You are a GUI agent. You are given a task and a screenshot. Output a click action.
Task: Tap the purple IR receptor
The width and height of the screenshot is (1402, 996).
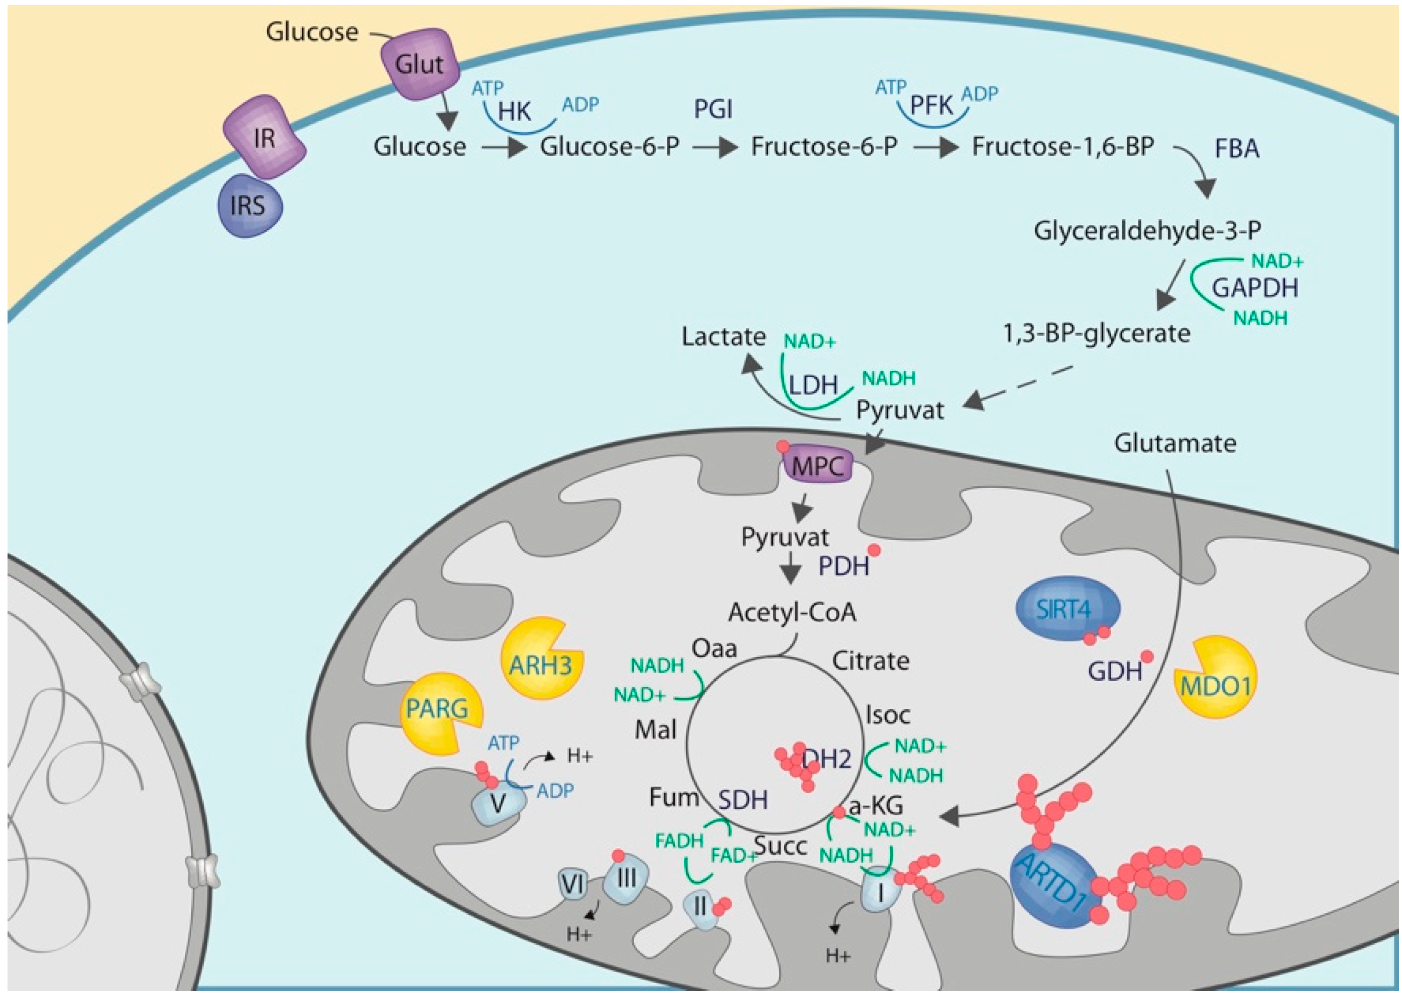pyautogui.click(x=264, y=138)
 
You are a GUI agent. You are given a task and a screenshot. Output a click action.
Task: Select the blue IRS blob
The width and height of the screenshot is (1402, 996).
pyautogui.click(x=249, y=206)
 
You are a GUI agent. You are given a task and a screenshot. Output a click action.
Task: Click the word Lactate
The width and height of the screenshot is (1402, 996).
pyautogui.click(x=724, y=337)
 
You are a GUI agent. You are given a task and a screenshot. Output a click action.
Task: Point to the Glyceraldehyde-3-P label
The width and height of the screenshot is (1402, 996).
pyautogui.click(x=1147, y=231)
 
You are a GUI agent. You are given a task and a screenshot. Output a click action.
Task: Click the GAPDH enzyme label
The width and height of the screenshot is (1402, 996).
pyautogui.click(x=1255, y=287)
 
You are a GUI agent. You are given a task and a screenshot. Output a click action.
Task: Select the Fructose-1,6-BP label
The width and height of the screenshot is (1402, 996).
pyautogui.click(x=1063, y=147)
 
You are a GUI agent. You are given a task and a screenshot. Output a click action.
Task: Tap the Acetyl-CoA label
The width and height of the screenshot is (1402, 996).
pyautogui.click(x=792, y=612)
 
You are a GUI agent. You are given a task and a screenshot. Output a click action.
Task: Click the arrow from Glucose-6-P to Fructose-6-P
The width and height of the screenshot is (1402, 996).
pyautogui.click(x=715, y=148)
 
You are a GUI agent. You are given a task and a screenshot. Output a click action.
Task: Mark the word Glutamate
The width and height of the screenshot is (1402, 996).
pyautogui.click(x=1174, y=443)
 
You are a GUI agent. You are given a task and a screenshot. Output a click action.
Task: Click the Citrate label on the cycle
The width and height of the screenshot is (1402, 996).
pyautogui.click(x=870, y=661)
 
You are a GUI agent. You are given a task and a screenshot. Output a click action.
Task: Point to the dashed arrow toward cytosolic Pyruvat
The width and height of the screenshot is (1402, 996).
pyautogui.click(x=1018, y=386)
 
